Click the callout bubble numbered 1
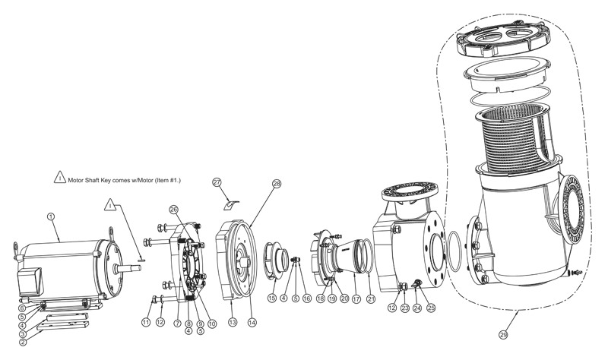coord(51,216)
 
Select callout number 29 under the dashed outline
coord(503,335)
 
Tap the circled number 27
coord(217,182)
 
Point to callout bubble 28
coord(277,184)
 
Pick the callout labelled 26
coord(173,210)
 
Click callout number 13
coord(233,322)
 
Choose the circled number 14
coord(252,322)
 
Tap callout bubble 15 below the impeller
coord(272,298)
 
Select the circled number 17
coord(356,298)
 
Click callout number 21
coord(371,298)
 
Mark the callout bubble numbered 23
coord(405,308)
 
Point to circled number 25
coord(431,308)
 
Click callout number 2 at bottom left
coord(23,343)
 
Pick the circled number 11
coord(146,323)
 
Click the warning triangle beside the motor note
coord(60,177)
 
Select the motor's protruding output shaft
coord(128,268)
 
